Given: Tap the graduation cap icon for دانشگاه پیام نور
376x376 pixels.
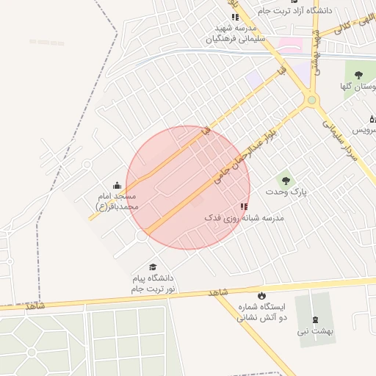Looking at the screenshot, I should pyautogui.click(x=153, y=267).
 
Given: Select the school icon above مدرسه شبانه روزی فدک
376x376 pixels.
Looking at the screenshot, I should pyautogui.click(x=244, y=207).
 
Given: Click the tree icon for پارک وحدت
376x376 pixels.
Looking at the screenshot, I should pyautogui.click(x=286, y=180).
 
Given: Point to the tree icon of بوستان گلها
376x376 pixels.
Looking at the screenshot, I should pyautogui.click(x=358, y=75).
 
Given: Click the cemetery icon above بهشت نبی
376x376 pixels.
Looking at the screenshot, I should pyautogui.click(x=316, y=319).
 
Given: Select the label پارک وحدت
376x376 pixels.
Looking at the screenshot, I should pyautogui.click(x=286, y=192).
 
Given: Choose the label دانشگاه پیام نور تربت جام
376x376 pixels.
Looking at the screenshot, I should pyautogui.click(x=153, y=284).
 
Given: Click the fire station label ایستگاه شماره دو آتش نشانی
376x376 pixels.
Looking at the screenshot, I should pyautogui.click(x=262, y=313).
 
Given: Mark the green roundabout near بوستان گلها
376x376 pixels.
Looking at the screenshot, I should pyautogui.click(x=312, y=99).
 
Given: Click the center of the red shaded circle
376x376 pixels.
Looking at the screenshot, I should pyautogui.click(x=188, y=187).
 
